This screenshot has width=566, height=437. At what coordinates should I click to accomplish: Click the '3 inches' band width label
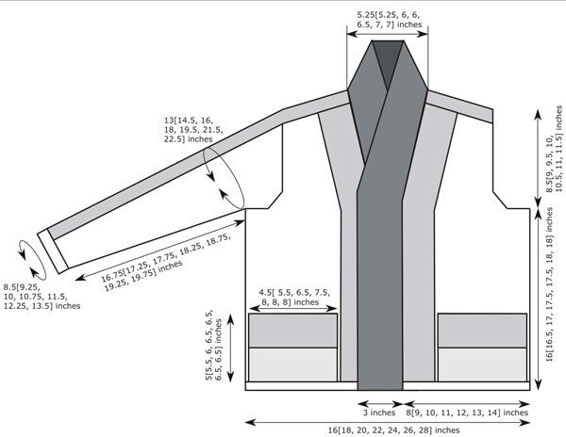pyautogui.click(x=379, y=413)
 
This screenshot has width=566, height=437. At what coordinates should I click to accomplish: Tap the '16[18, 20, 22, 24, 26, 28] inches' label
pyautogui.click(x=393, y=430)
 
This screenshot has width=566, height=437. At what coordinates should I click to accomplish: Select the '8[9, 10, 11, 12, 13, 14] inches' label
pyautogui.click(x=467, y=413)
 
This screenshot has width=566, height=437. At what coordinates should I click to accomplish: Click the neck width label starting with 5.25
pyautogui.click(x=389, y=20)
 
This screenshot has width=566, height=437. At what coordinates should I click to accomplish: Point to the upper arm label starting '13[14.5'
pyautogui.click(x=193, y=129)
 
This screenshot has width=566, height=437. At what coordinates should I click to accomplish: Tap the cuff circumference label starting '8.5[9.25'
pyautogui.click(x=42, y=297)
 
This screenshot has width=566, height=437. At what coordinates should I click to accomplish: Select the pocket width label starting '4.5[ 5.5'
pyautogui.click(x=293, y=298)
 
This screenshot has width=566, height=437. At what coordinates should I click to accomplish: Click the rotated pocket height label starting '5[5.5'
pyautogui.click(x=214, y=345)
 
